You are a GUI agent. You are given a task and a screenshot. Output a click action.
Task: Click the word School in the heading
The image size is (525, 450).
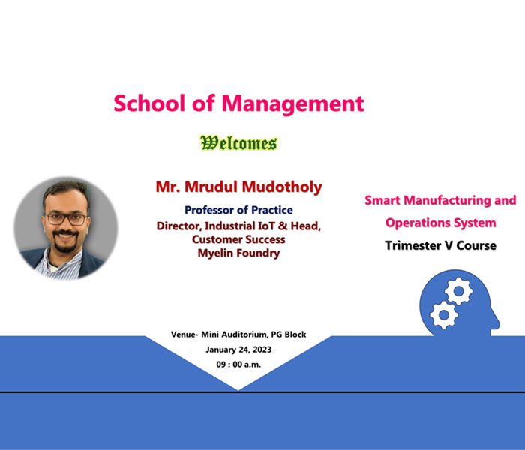click(149, 103)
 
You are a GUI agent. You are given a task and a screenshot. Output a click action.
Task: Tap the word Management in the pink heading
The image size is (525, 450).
click(293, 104)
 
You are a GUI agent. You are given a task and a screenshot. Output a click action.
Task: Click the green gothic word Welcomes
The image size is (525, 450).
click(238, 143)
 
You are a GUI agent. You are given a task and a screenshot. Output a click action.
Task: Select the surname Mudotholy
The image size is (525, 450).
click(282, 187)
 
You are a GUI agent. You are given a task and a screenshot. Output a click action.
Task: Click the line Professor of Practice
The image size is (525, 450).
click(238, 210)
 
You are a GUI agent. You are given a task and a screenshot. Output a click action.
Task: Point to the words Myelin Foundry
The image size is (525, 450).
click(238, 253)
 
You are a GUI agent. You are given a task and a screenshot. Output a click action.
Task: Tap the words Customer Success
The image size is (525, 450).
click(238, 239)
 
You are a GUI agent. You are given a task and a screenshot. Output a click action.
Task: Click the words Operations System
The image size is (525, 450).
click(441, 223)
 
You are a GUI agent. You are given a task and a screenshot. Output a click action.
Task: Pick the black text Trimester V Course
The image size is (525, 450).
click(441, 245)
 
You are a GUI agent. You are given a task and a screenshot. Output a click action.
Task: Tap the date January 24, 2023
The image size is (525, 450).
click(238, 349)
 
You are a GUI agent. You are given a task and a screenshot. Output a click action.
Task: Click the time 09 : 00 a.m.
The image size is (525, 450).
click(238, 364)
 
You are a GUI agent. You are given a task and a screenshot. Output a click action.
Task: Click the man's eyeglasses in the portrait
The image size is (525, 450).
click(66, 219)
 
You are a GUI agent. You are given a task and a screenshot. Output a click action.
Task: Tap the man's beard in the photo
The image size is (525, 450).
click(66, 241)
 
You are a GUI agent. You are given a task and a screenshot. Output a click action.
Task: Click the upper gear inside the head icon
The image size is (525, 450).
click(459, 291)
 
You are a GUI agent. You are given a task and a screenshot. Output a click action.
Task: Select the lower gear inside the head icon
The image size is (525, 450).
click(444, 314)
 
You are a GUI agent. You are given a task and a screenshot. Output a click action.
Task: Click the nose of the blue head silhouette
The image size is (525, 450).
click(498, 323)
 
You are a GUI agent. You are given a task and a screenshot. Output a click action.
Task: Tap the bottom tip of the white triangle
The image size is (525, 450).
click(238, 391)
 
